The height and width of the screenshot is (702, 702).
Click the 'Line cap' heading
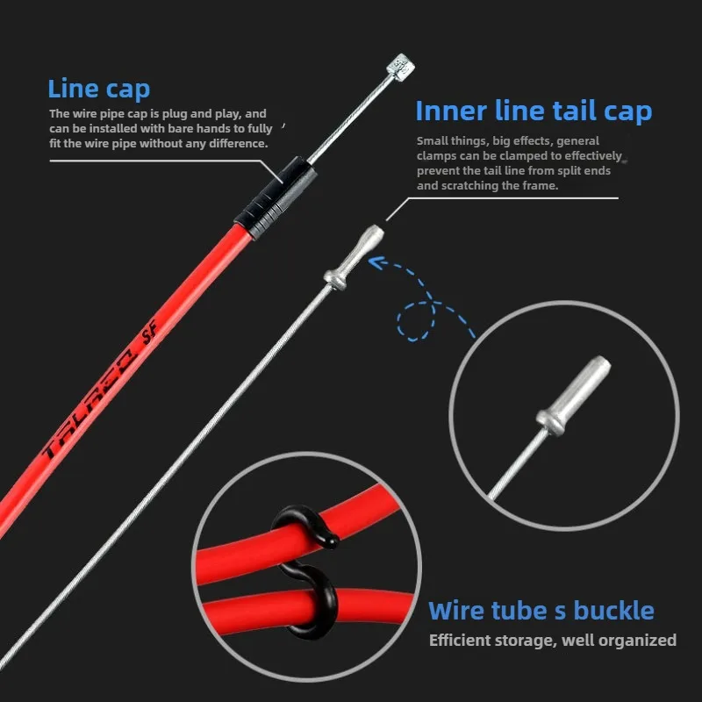(x=98, y=89)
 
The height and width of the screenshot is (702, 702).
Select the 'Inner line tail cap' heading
(x=534, y=111)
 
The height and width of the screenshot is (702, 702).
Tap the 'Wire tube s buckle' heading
(x=541, y=611)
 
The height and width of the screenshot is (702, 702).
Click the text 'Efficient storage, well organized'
(x=553, y=641)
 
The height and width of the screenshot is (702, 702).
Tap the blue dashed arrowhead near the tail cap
(x=376, y=261)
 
